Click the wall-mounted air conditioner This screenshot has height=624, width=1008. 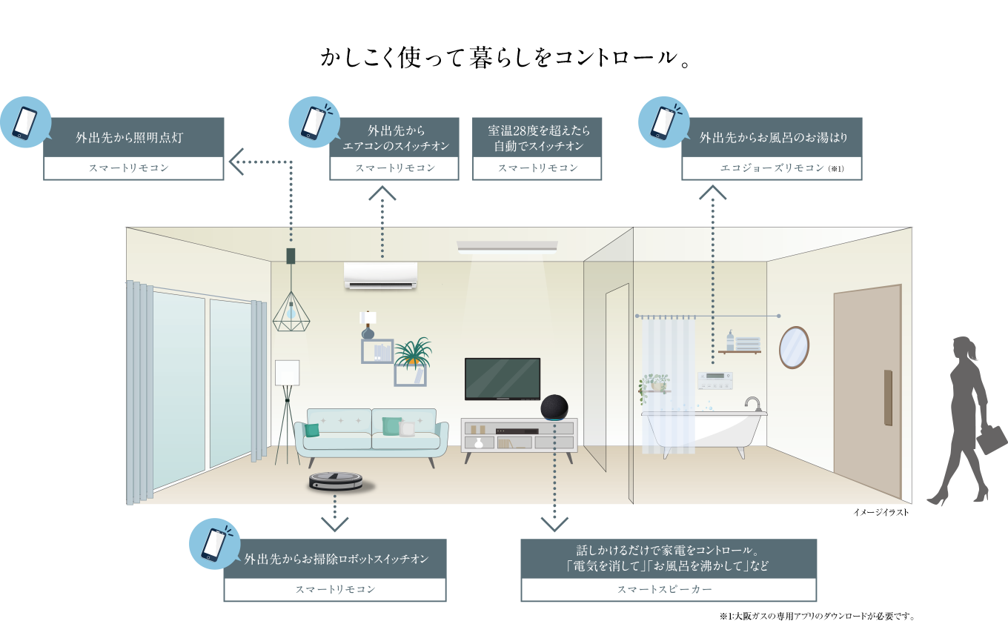pyautogui.click(x=380, y=275)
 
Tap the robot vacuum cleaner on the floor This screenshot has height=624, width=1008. pyautogui.click(x=337, y=482)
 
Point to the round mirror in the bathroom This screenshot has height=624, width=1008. pyautogui.click(x=794, y=347)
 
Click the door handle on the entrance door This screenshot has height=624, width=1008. pyautogui.click(x=888, y=397)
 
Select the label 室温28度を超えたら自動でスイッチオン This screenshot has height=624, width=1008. pyautogui.click(x=538, y=138)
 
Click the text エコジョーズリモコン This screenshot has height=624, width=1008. pyautogui.click(x=772, y=169)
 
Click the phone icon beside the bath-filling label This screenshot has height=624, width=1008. pyautogui.click(x=663, y=122)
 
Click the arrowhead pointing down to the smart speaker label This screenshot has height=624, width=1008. pyautogui.click(x=554, y=525)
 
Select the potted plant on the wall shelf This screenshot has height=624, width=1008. pyautogui.click(x=412, y=354)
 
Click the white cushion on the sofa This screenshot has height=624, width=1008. pyautogui.click(x=406, y=428)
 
